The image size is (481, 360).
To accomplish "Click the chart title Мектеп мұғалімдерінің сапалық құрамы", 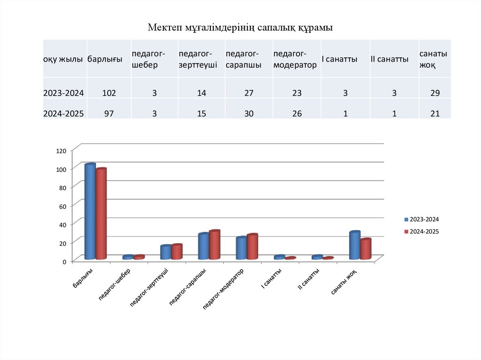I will coord(240,28).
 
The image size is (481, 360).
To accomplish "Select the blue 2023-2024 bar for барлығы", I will coord(90,211).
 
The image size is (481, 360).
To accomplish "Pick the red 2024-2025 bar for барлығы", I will coord(101,214).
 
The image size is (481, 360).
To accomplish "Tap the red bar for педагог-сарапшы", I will coord(215,245).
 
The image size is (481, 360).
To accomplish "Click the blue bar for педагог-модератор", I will coord(241,248).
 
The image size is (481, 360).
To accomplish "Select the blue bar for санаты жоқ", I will coord(355,245).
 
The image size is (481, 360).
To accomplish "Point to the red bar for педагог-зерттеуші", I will coord(177,252).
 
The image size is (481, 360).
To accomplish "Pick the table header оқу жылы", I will coord(63,60).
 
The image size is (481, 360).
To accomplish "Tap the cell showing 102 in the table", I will coord(109,93).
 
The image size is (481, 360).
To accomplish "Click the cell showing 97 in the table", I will coord(109,113).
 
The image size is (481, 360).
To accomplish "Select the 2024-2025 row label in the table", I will coord(63,113).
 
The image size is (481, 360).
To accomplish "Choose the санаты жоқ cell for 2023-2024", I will coord(434,93).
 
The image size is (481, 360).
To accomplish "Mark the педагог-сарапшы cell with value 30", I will coord(248,113).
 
